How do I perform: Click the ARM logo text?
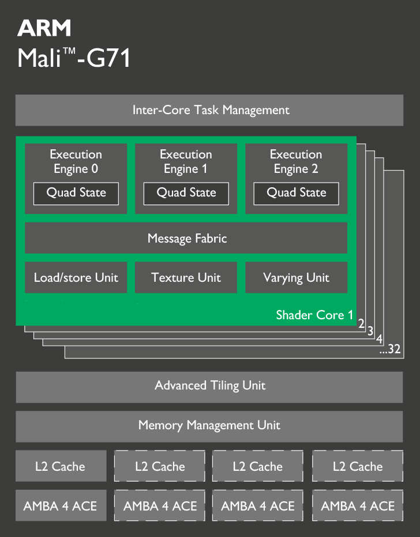point(44,27)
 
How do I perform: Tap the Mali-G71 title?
point(74,58)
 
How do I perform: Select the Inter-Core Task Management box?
point(209,110)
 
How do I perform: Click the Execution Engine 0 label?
point(76,161)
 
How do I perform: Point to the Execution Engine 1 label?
point(186,161)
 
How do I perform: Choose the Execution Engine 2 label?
point(296,161)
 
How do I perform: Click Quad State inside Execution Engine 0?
point(76,193)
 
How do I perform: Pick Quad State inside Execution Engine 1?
point(186,193)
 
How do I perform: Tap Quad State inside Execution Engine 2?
point(296,193)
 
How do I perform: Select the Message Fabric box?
point(186,238)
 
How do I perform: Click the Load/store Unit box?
point(76,278)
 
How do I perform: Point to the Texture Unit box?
point(186,278)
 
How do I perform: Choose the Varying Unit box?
point(296,278)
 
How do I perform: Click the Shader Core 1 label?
point(314,315)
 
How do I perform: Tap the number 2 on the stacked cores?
point(361,324)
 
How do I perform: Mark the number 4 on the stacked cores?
point(380,339)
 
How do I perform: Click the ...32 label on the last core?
point(390,349)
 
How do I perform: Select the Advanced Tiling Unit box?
point(209,386)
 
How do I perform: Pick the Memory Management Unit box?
point(209,426)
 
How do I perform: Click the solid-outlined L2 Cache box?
point(61,466)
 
